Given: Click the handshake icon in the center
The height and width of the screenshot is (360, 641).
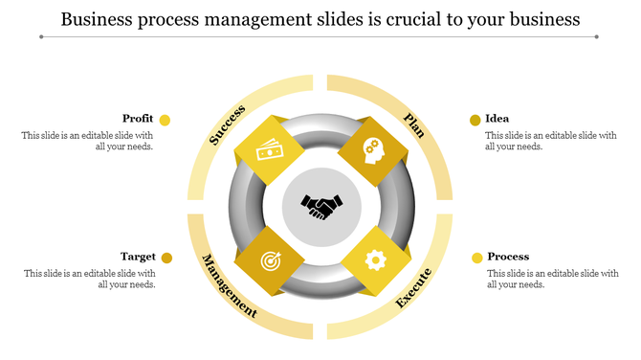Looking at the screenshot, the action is (x=320, y=206).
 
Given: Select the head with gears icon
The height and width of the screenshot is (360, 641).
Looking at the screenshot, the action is (x=371, y=151).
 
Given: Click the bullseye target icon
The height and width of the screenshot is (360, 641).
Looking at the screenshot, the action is (x=269, y=259).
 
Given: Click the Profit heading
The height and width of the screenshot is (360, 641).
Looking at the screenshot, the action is (x=138, y=119).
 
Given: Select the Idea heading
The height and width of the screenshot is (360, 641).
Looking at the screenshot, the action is (x=497, y=119).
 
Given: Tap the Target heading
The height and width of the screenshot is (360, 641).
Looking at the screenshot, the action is (x=138, y=257).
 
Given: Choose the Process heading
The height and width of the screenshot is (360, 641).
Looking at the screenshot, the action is (x=508, y=257).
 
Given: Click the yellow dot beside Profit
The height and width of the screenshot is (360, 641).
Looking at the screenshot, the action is (x=165, y=120).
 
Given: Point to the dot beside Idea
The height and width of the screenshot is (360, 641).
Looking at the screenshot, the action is (x=475, y=120).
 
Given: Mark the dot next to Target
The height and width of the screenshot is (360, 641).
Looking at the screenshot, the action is (x=166, y=258).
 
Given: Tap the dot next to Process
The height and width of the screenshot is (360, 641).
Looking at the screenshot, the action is (x=476, y=258).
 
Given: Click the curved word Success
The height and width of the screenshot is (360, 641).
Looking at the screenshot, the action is (x=228, y=124).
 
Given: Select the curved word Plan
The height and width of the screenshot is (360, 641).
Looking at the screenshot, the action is (x=414, y=124).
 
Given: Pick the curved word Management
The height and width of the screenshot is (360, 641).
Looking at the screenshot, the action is (x=228, y=285).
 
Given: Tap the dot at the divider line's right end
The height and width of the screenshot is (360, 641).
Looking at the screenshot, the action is (x=596, y=37).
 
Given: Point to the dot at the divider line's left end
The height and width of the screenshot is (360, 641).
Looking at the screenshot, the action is (x=41, y=37).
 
